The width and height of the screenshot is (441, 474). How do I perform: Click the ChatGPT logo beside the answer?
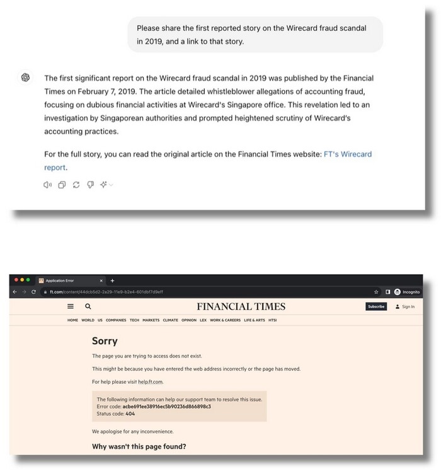click(x=26, y=78)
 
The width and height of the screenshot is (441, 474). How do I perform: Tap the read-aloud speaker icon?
click(x=47, y=185)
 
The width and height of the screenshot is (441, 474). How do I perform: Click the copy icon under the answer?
click(x=62, y=185)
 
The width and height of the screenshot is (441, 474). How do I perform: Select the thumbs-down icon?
click(x=90, y=185)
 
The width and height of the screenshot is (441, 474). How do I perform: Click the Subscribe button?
click(x=375, y=306)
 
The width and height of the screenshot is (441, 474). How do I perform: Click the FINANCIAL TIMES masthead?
click(x=241, y=306)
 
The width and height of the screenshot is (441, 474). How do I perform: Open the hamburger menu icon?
click(x=71, y=306)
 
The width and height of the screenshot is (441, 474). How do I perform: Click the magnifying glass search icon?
click(x=88, y=306)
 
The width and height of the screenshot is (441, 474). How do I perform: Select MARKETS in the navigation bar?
click(x=151, y=320)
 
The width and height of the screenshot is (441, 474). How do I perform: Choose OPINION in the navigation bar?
click(x=189, y=320)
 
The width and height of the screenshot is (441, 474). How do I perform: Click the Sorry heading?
click(x=105, y=341)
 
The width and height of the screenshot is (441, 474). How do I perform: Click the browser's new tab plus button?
click(x=112, y=280)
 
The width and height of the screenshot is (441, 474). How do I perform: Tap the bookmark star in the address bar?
click(x=376, y=292)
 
